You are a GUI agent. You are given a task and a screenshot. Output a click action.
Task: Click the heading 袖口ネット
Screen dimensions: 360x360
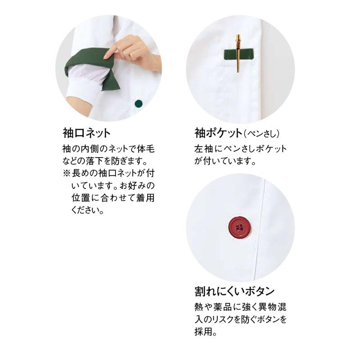(x=86, y=133)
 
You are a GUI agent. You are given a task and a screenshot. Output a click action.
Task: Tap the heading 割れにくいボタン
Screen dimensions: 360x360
(x=234, y=291)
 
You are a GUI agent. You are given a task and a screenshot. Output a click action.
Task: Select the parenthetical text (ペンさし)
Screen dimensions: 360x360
(x=262, y=134)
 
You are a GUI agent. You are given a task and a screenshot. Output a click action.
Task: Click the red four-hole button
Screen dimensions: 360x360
(x=240, y=227)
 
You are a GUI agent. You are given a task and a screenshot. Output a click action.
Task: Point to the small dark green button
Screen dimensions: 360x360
(x=139, y=104)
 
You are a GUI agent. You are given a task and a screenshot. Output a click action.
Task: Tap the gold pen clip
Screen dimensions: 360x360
(x=238, y=53)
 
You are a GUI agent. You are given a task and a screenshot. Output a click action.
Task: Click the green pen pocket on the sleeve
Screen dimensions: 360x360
(x=238, y=54)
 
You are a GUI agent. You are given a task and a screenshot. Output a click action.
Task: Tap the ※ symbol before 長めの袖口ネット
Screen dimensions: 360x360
(x=67, y=173)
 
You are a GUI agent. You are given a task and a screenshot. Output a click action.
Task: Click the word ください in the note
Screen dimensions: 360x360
(x=85, y=210)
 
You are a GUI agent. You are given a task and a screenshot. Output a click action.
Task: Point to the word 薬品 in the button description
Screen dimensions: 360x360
(x=222, y=307)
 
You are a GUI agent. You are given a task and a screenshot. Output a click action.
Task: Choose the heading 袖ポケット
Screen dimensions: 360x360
(x=218, y=133)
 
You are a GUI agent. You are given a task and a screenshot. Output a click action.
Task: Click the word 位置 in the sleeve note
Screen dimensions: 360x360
(x=81, y=198)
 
